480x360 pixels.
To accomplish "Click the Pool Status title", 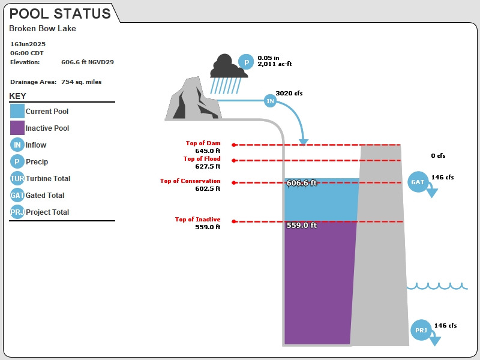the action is coord(60,14).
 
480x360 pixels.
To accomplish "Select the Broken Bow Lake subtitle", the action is coord(43,28).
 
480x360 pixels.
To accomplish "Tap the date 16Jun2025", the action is coord(28,44).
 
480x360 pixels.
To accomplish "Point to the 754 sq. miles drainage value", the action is coord(82,82).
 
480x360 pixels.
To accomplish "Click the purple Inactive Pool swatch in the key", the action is coord(17,128).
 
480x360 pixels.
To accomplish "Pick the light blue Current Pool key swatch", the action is coord(17,111).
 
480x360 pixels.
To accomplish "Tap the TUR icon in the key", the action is coord(17,178).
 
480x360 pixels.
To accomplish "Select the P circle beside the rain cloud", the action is coord(246,62).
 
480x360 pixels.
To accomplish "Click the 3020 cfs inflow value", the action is coord(289,94).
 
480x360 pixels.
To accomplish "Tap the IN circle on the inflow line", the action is coord(271,101).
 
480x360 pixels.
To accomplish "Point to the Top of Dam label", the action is coord(203,143).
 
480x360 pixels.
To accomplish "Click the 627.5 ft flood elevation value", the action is coord(208,166).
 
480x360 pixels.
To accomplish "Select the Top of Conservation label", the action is coord(190,181).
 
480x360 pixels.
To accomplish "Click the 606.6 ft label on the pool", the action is coord(302,183).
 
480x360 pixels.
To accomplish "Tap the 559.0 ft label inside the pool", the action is coord(302,226).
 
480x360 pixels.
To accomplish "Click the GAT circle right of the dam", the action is coord(418,182).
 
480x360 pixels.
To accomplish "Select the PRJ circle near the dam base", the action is coord(421,330).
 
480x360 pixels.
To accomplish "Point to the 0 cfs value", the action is coord(438,156).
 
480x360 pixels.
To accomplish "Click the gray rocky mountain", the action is coord(193,98).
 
